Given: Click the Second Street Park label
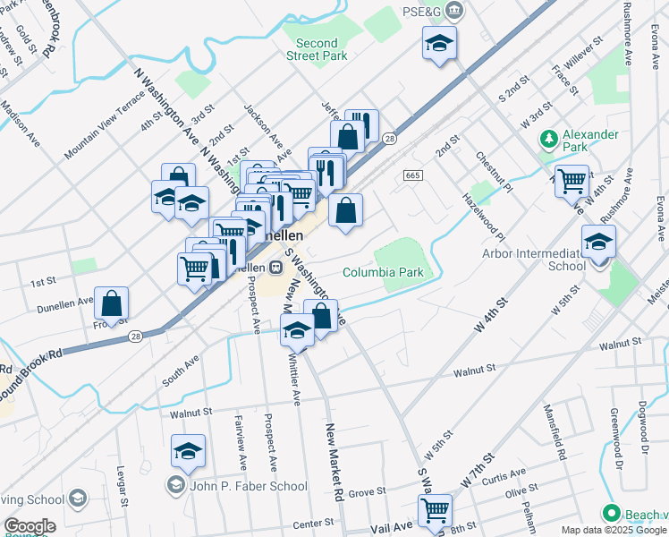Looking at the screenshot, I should point(317,49).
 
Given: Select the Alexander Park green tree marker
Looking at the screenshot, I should point(548,140).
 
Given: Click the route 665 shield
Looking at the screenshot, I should point(412,175).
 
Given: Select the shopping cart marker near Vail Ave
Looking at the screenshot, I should point(435,509).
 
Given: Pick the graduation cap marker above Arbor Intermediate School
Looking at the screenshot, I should point(598,241).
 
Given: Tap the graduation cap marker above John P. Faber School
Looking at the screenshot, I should point(189,451).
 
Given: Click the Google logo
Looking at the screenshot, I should point(30,526).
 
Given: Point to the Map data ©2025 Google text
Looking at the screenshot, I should point(614,530).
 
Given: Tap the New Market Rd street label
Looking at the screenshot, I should point(334,462).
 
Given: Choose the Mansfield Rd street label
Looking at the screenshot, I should point(555,433).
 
